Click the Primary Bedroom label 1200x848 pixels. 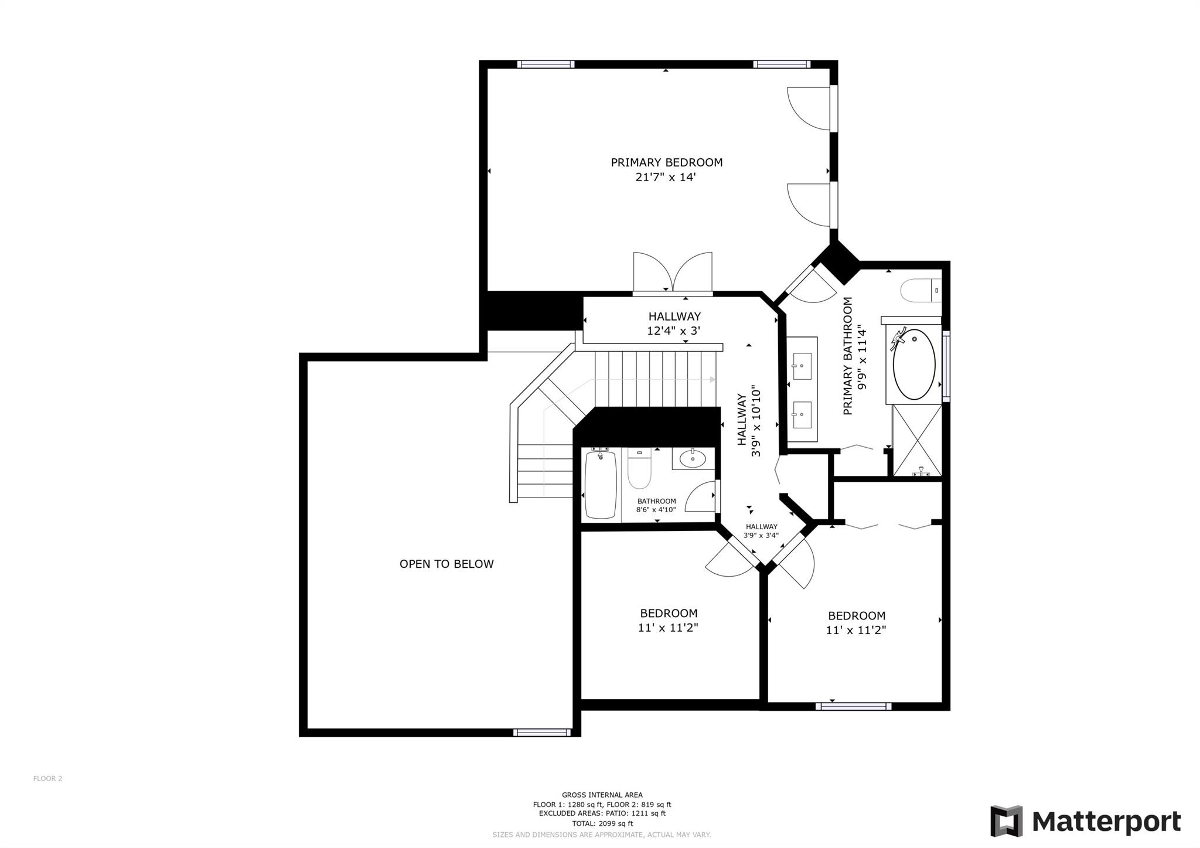(x=666, y=162)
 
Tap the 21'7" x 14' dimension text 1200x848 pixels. (x=666, y=177)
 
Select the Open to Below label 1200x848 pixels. (x=446, y=564)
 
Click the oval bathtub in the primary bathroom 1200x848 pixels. (x=914, y=364)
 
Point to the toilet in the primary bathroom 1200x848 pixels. (x=921, y=291)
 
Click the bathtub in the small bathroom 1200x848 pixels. (x=601, y=484)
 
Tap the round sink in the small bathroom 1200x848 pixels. (x=693, y=458)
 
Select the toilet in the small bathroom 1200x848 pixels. (x=639, y=469)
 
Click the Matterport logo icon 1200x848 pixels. (x=1006, y=821)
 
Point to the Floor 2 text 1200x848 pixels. (x=47, y=779)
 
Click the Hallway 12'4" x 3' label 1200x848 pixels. (x=674, y=323)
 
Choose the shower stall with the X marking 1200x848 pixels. (x=917, y=440)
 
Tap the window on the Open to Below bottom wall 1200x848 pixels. (x=542, y=733)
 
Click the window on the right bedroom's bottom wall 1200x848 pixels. (x=854, y=707)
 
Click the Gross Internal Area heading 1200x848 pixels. (x=602, y=795)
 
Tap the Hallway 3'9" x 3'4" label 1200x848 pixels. (x=762, y=531)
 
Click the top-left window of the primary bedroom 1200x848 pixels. (x=546, y=64)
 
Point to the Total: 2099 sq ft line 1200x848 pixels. (x=602, y=823)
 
